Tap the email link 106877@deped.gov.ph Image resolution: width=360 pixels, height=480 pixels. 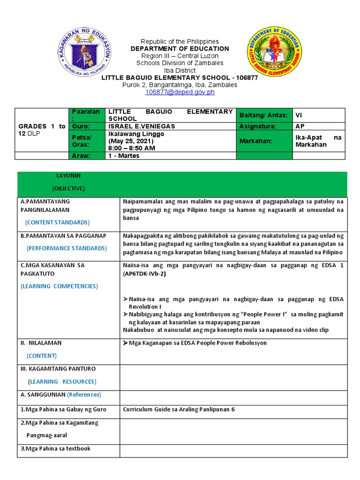coord(180,92)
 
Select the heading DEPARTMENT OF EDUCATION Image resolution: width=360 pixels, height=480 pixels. coord(180,49)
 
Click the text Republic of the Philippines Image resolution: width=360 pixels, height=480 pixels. coord(180,41)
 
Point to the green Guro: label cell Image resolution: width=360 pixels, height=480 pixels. coord(87,127)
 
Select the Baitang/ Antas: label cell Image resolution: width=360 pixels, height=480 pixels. coord(264,115)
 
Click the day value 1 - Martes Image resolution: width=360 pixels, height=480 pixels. coord(124,156)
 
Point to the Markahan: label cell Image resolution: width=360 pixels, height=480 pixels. coord(263,141)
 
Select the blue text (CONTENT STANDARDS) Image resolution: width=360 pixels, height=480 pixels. coord(58,222)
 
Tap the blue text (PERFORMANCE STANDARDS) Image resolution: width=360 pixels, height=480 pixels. coord(67,248)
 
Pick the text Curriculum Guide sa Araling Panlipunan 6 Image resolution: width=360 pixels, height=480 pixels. coord(179,409)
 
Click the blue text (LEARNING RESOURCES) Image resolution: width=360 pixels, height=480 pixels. coord(62,382)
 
